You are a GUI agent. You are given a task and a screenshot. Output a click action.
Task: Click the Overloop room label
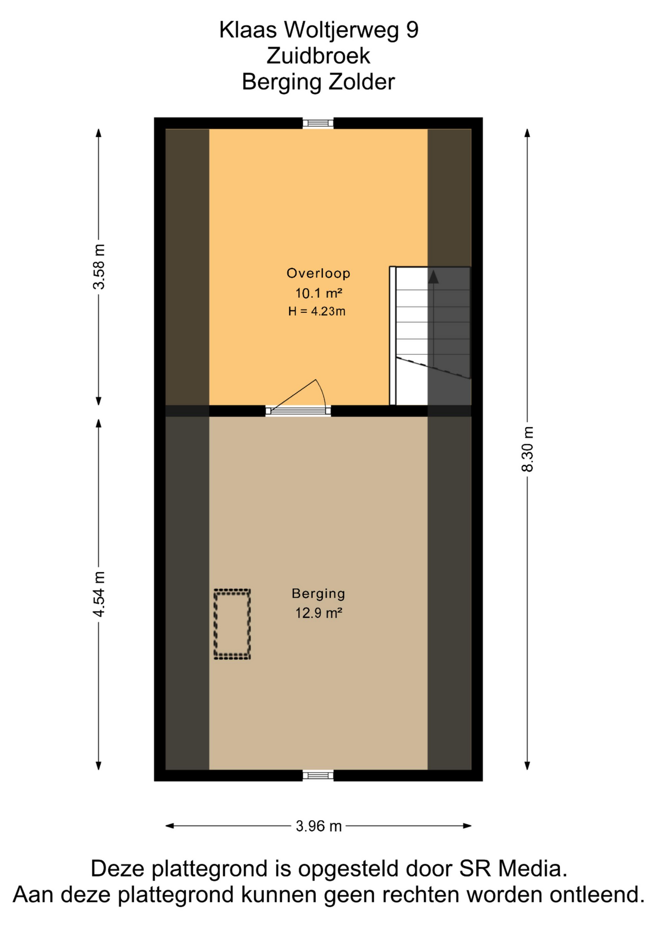pyautogui.click(x=318, y=273)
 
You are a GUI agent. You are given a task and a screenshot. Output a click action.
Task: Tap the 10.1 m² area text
pyautogui.click(x=319, y=293)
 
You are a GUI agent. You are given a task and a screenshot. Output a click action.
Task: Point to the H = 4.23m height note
pyautogui.click(x=317, y=311)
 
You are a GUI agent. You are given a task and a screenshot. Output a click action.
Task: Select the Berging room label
pyautogui.click(x=318, y=594)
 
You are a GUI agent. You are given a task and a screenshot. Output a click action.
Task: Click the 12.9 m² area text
pyautogui.click(x=319, y=613)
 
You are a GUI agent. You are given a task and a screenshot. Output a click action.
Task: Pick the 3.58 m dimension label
pyautogui.click(x=99, y=267)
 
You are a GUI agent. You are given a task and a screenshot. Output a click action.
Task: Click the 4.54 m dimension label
pyautogui.click(x=99, y=594)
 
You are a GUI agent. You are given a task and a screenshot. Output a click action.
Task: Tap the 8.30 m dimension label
pyautogui.click(x=528, y=449)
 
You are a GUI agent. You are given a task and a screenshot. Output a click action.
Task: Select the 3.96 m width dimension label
pyautogui.click(x=319, y=826)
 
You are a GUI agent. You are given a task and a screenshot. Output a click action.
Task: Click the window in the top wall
pyautogui.click(x=318, y=123)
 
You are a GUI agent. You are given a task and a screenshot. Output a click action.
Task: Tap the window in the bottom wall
pyautogui.click(x=318, y=775)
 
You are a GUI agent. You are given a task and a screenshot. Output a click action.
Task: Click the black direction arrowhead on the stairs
pyautogui.click(x=433, y=277)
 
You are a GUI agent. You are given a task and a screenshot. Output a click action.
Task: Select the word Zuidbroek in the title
pyautogui.click(x=318, y=56)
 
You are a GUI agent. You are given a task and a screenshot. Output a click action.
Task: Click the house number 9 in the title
pyautogui.click(x=412, y=29)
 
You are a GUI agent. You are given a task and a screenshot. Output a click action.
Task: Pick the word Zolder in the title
pyautogui.click(x=362, y=82)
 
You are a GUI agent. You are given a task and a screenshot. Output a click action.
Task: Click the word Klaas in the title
pyautogui.click(x=248, y=29)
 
